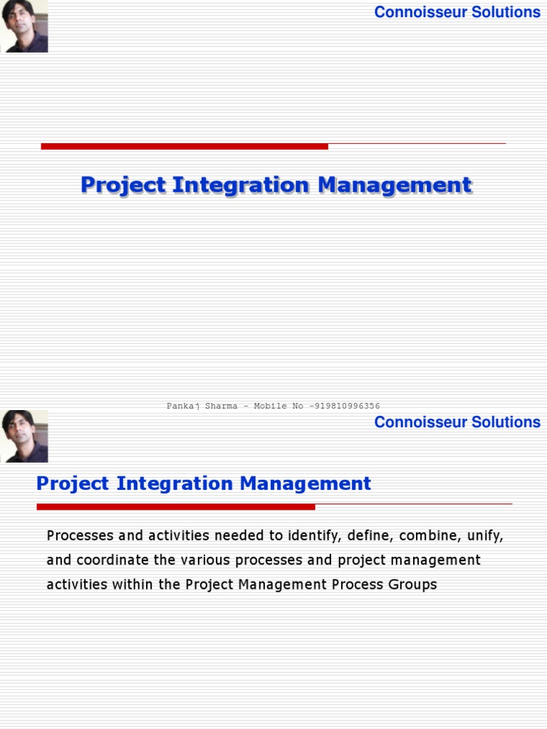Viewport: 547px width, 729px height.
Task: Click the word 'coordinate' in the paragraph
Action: point(113,560)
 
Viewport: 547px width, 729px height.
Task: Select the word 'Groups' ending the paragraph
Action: point(412,585)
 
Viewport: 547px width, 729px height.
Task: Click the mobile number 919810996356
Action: point(348,406)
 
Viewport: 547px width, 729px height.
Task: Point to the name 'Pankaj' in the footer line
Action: point(183,407)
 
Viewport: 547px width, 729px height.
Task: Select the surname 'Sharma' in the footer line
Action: point(222,406)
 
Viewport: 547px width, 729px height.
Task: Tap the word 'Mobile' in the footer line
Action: point(270,406)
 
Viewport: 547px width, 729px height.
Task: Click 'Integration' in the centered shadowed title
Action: point(241,185)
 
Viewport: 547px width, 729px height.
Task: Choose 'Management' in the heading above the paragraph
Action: point(306,483)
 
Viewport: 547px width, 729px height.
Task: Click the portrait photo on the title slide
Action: point(24,26)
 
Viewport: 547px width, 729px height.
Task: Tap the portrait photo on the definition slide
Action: point(24,436)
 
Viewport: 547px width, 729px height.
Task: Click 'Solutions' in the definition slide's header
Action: point(506,422)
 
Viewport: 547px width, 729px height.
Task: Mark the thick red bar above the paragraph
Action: point(176,507)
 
